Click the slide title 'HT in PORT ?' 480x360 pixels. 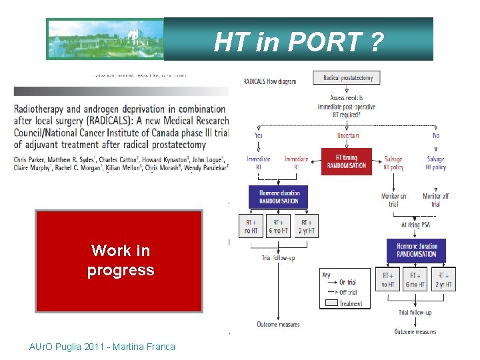coord(299,42)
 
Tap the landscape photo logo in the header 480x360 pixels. coord(105,39)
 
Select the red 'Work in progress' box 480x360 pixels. coord(119,261)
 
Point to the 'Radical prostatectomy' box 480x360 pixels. coord(348,78)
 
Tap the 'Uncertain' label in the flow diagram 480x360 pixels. coord(347,135)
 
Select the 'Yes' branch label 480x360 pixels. coord(258,135)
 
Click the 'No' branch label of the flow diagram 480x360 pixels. coord(435,135)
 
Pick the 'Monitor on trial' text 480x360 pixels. coord(393,200)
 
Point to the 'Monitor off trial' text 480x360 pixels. coord(435,200)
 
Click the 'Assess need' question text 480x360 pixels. coord(347,107)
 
